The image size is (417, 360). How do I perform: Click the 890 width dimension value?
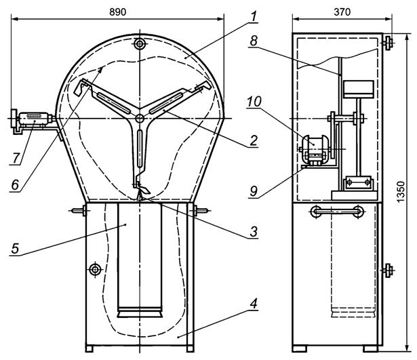tap(117, 12)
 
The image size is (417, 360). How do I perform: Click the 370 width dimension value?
tap(342, 12)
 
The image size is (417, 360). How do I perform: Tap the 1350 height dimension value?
tap(400, 192)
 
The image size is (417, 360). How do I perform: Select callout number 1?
tap(254, 16)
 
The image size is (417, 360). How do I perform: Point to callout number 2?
tap(254, 140)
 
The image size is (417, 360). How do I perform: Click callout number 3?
tap(254, 231)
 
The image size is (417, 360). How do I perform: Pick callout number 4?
tap(254, 303)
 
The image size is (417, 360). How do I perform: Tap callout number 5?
tap(15, 249)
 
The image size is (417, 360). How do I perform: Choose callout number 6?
tap(15, 184)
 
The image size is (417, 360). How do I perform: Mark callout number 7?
tap(16, 158)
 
